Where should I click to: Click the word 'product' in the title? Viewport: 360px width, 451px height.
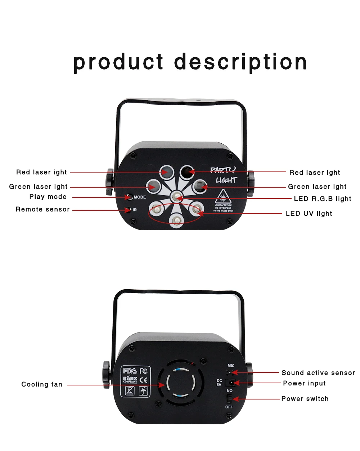118,62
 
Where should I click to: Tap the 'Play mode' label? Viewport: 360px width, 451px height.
48,197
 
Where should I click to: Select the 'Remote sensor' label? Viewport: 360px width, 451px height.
42,209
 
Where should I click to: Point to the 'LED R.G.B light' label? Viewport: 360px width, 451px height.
323,199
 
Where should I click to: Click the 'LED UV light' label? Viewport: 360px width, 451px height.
309,214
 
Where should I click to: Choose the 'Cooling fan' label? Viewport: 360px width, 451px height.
42,384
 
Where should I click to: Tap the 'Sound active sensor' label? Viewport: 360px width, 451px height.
318,373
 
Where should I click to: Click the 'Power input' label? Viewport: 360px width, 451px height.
304,383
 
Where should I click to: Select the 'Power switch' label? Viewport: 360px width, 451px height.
305,399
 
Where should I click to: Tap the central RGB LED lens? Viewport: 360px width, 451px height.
176,196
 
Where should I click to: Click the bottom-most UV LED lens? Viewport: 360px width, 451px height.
176,220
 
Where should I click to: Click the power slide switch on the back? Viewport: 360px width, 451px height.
229,399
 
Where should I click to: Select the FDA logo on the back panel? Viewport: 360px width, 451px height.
130,371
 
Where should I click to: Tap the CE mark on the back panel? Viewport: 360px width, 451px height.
143,379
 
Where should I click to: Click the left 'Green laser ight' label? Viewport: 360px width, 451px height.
38,187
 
